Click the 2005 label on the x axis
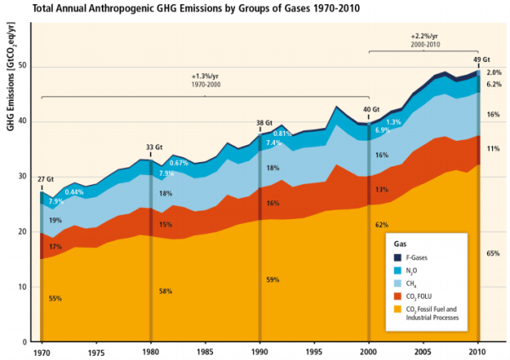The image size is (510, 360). coord(423,352)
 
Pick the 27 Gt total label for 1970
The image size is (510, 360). coord(45,179)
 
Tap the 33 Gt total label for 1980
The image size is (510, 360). coord(154,147)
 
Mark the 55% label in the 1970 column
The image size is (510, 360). coord(54,299)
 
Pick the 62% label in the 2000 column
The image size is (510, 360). coord(382,224)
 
